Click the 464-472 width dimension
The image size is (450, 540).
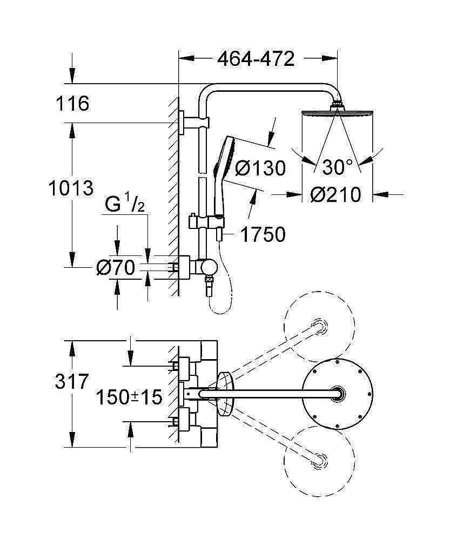[256, 59]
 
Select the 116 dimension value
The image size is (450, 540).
[72, 103]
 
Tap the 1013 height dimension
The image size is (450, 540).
[71, 188]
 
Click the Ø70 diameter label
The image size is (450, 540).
[116, 268]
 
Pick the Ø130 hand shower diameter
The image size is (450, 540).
[260, 168]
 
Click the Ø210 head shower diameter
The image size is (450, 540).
[335, 195]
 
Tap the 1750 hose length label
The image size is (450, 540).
[263, 235]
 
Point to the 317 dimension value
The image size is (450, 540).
[72, 382]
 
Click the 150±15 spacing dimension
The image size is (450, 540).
[129, 397]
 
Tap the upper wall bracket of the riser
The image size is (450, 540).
[193, 122]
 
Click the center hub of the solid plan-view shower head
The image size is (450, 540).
[337, 394]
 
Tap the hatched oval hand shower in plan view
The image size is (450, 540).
[225, 394]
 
